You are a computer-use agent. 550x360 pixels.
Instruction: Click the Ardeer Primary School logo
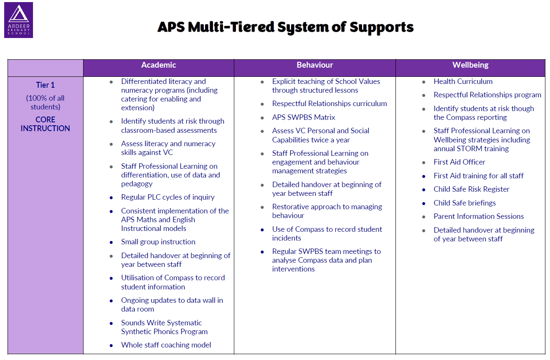click(x=19, y=20)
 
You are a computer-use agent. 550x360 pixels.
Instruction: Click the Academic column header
click(x=159, y=65)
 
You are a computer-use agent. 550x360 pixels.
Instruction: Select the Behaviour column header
click(x=315, y=65)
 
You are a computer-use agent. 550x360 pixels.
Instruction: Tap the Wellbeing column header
click(x=471, y=65)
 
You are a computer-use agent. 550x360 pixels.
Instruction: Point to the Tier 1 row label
click(x=46, y=85)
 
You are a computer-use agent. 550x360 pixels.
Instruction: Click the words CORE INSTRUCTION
click(x=46, y=124)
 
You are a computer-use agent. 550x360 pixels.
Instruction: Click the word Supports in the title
click(x=382, y=27)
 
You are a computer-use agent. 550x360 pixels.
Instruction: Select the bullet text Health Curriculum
click(x=463, y=81)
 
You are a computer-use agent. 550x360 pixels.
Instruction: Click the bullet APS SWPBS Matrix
click(x=304, y=117)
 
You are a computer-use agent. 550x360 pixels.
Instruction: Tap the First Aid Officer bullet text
click(x=459, y=162)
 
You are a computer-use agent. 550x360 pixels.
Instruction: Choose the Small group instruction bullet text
click(x=158, y=242)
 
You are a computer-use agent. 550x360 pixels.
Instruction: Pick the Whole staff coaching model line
click(x=166, y=345)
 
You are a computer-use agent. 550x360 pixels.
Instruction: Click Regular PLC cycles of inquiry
click(x=168, y=197)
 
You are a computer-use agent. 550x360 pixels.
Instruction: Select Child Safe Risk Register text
click(x=471, y=189)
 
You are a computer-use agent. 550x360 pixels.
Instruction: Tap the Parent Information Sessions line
click(x=479, y=216)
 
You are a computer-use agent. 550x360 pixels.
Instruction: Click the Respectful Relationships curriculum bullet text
click(x=329, y=104)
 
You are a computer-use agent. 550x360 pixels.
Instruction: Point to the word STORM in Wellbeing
click(x=469, y=149)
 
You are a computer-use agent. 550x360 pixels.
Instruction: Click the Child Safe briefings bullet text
click(x=464, y=203)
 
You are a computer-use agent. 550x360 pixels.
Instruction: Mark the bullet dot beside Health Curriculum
click(x=424, y=82)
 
